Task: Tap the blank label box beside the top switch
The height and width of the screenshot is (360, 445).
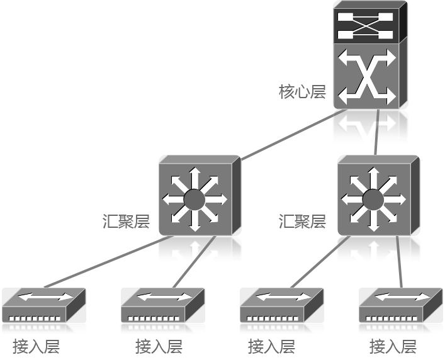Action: click(x=302, y=91)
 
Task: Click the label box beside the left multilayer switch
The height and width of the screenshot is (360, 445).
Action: click(x=126, y=222)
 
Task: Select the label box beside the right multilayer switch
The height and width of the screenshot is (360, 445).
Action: click(x=302, y=222)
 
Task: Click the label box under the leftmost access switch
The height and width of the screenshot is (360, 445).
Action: click(x=37, y=346)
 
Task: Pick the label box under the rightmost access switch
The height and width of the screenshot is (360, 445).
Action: click(x=392, y=346)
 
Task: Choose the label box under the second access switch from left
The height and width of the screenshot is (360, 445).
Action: click(x=159, y=346)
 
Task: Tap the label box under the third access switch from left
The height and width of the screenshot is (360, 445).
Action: click(x=271, y=346)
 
